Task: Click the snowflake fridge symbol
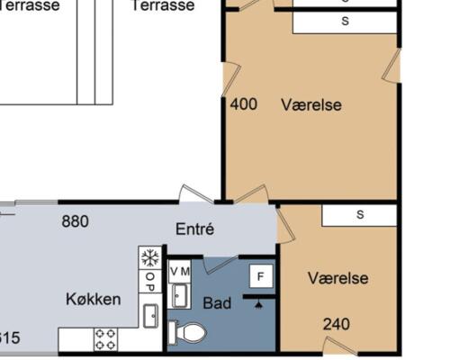[x=149, y=257]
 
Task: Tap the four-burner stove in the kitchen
[x=105, y=339]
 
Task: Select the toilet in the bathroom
[x=188, y=333]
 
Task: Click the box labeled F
[x=261, y=276]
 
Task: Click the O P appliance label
[x=149, y=282]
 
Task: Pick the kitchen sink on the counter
[x=150, y=314]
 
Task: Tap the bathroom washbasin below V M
[x=180, y=293]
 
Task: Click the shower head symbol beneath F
[x=261, y=302]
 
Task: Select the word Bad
[x=217, y=303]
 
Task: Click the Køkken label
[x=94, y=299]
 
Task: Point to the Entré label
[x=194, y=229]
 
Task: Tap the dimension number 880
[x=75, y=220]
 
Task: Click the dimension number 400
[x=244, y=104]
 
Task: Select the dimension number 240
[x=337, y=324]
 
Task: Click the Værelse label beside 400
[x=311, y=104]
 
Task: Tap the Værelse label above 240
[x=337, y=278]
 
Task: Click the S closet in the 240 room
[x=359, y=214]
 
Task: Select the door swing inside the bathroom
[x=219, y=265]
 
